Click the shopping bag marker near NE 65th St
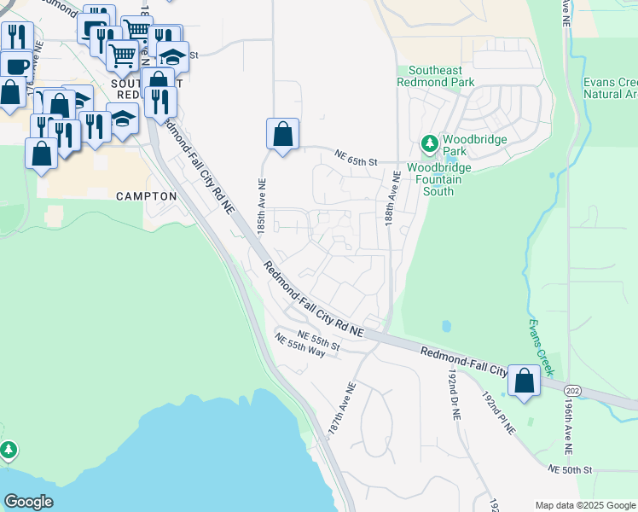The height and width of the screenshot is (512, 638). pos(282,134)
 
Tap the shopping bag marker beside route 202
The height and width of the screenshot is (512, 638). pos(524,382)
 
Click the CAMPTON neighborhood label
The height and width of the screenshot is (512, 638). pos(146,196)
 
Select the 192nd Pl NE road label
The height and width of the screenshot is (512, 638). pos(499,414)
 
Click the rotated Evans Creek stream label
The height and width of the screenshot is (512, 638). pos(540,348)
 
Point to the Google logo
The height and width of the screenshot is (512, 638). pos(28,502)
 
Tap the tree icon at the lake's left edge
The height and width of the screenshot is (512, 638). pos(8,448)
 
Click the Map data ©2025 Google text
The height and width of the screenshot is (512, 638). pos(585,505)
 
